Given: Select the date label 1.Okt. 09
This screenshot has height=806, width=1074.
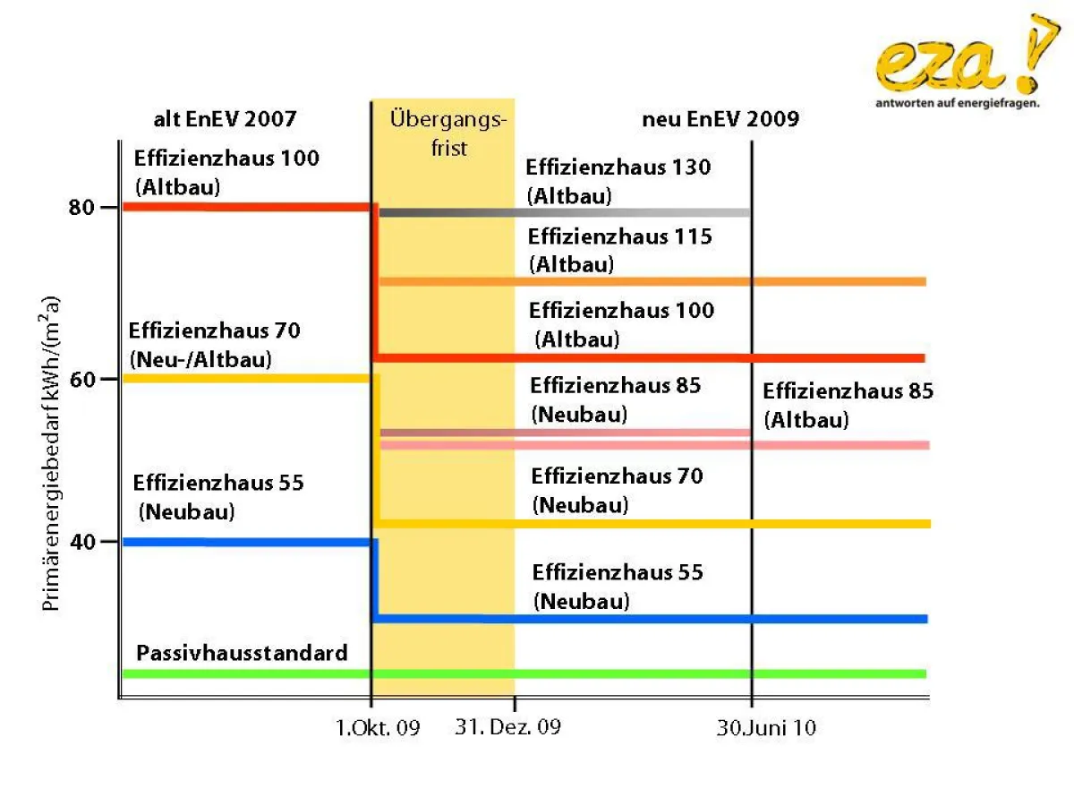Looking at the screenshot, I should tap(378, 728).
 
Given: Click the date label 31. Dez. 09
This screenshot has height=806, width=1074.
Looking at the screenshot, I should tap(507, 726).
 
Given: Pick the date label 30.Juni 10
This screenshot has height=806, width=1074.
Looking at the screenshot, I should tap(766, 728).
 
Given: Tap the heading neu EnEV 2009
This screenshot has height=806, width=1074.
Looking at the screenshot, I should tap(720, 119).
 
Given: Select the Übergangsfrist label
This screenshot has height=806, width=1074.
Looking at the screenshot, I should tap(449, 133).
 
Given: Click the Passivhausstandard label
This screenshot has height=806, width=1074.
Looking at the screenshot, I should tap(242, 653).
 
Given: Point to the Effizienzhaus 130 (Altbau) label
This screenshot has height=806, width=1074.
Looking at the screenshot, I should tap(618, 181).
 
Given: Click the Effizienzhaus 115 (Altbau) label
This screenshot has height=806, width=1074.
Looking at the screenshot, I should tap(619, 251).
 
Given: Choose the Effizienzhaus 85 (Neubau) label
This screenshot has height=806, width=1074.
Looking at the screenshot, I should tap(615, 400).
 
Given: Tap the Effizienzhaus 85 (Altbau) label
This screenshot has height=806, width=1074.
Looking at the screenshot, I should tap(848, 405).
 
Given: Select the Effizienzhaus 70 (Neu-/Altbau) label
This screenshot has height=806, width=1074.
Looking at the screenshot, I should tap(215, 345).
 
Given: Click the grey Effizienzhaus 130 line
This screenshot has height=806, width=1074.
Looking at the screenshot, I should tap(564, 212).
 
